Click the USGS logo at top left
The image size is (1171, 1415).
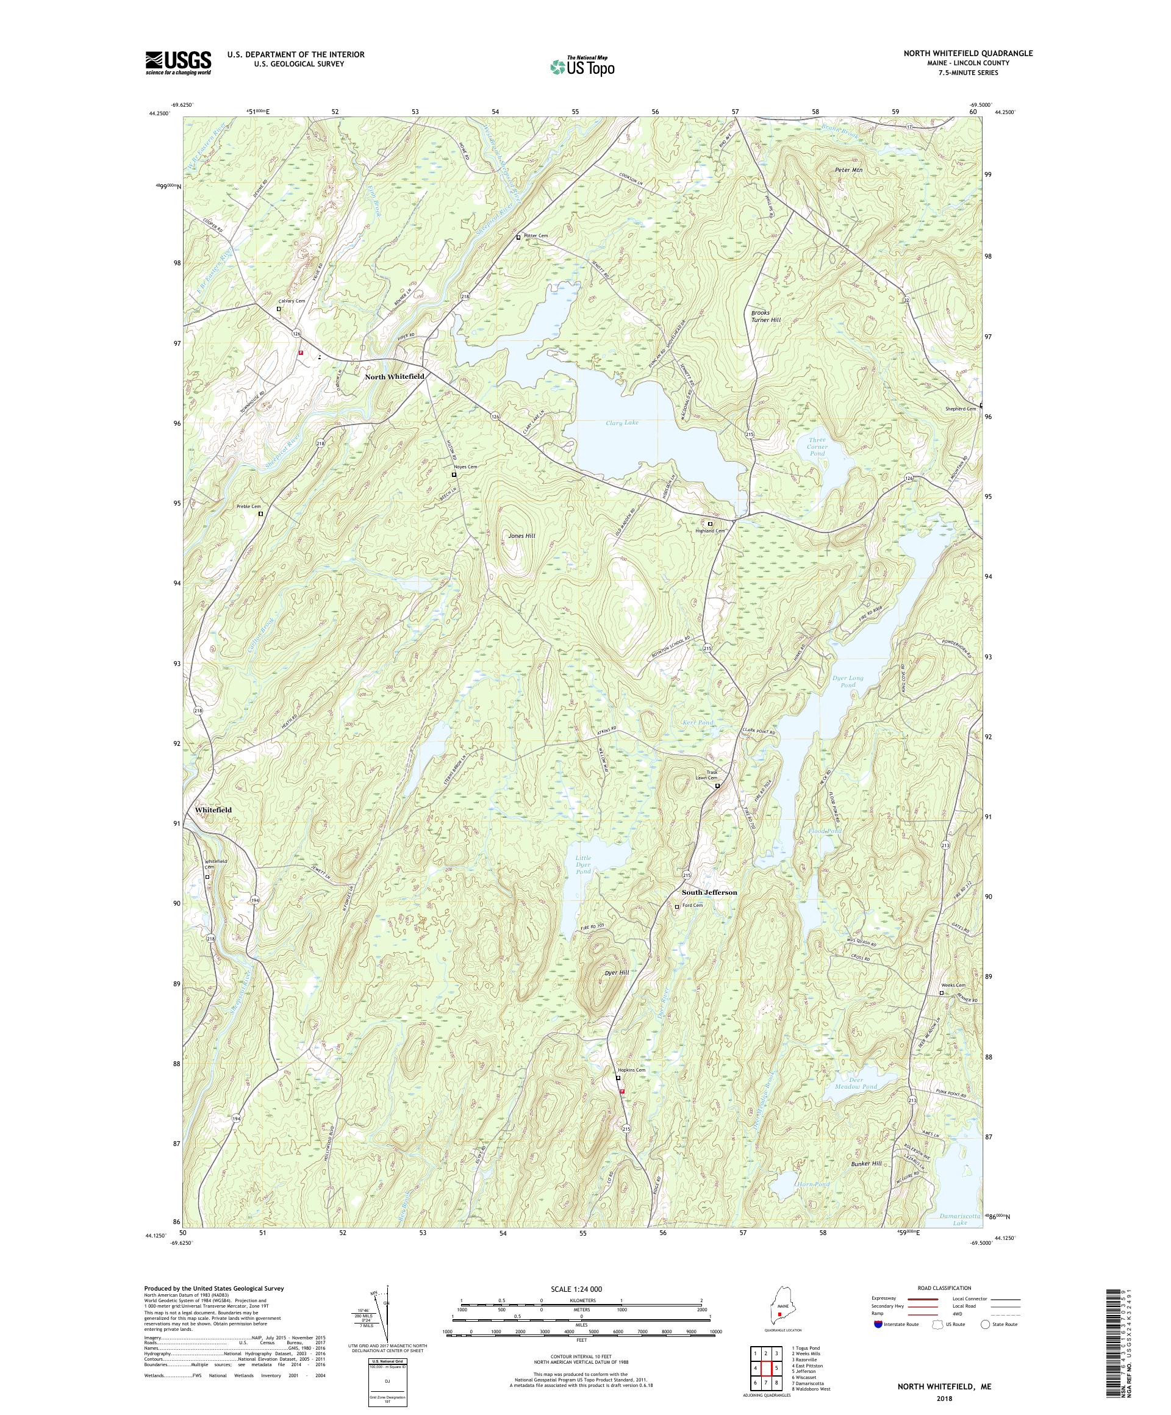tap(178, 63)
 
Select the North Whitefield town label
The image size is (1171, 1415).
tap(394, 377)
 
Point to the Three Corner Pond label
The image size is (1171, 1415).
tap(817, 446)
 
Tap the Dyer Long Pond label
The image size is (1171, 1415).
tap(848, 681)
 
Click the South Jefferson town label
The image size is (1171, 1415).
tap(709, 892)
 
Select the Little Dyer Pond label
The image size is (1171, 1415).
tap(583, 864)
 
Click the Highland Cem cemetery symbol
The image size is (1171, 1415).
tap(709, 523)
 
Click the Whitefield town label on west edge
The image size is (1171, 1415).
tap(213, 810)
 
